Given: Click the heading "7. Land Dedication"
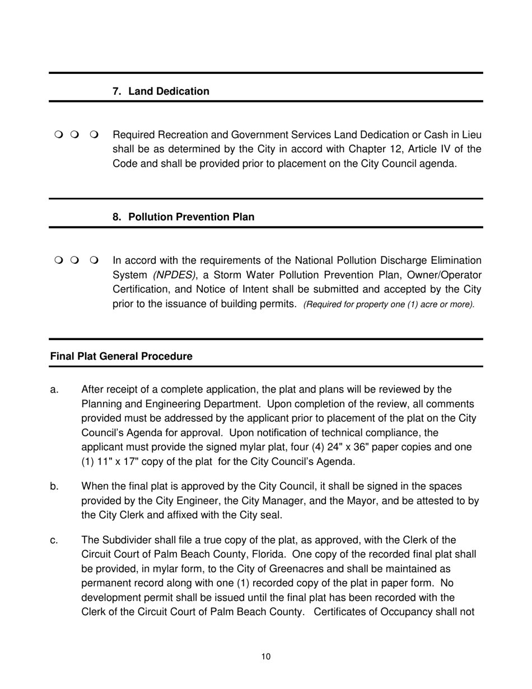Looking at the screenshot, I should click(x=161, y=91).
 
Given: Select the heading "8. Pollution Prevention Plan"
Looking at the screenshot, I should click(x=183, y=217).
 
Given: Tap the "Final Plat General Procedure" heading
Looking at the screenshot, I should click(x=121, y=356).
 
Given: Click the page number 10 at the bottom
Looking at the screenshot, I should click(x=266, y=657).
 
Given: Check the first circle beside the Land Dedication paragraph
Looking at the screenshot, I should click(x=59, y=135).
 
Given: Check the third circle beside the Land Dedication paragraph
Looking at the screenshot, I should click(x=93, y=135).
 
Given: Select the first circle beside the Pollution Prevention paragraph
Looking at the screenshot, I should click(x=59, y=260).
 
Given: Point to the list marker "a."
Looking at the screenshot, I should click(x=54, y=389).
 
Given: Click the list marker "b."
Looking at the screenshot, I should click(x=54, y=486).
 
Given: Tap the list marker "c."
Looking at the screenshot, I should click(x=54, y=540).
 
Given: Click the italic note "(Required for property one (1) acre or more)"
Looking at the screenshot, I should click(x=389, y=305).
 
